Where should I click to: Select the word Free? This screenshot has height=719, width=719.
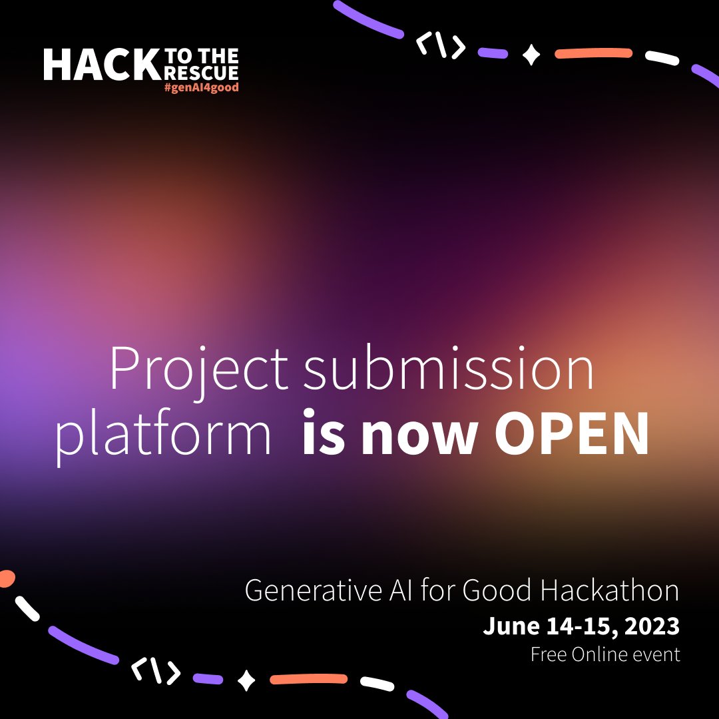548,654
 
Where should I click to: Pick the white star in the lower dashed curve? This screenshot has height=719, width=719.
247,680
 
